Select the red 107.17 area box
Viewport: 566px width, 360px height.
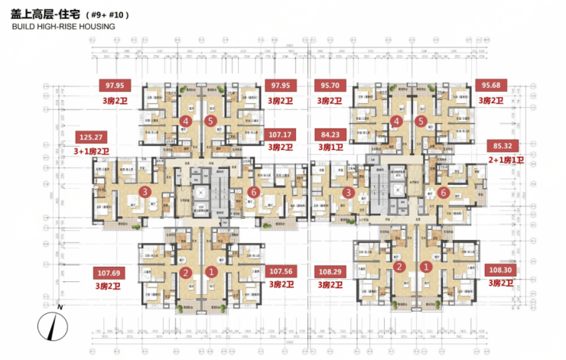[281, 134]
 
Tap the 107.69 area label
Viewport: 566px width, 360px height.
[110, 272]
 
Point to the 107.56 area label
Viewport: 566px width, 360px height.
[281, 271]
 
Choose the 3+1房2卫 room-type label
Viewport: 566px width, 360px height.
[92, 151]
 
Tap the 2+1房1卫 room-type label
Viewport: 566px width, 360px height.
[503, 160]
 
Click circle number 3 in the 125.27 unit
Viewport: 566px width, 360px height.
[144, 192]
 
